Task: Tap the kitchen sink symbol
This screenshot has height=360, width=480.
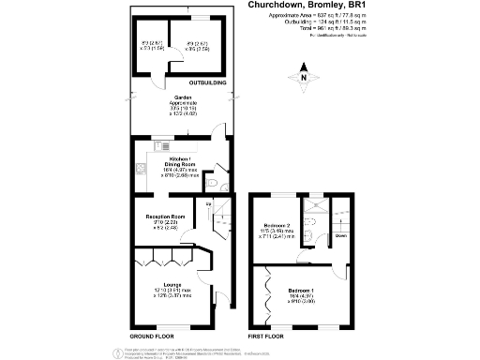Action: click(x=140, y=170)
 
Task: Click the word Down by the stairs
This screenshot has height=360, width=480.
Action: click(x=341, y=235)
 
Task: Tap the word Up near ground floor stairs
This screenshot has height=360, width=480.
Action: click(x=209, y=203)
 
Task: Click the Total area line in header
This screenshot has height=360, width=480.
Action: click(x=304, y=30)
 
